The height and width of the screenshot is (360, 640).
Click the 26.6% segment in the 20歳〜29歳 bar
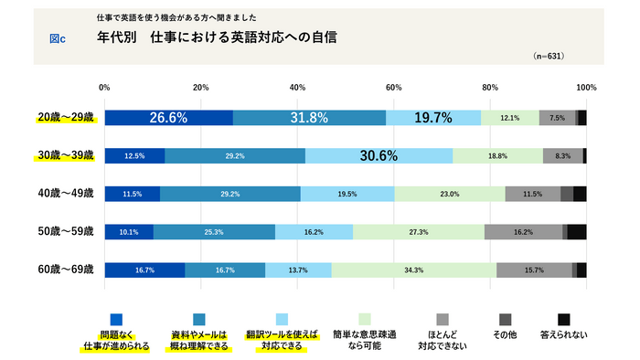tap(168, 117)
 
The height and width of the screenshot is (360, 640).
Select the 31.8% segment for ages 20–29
tap(309, 117)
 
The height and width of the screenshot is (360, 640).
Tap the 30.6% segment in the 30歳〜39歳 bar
tap(379, 155)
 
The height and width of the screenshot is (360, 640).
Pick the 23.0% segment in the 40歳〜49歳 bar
tap(449, 194)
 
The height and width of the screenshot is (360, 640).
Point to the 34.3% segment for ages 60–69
tap(414, 270)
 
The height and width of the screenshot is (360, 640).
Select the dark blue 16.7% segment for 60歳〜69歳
tap(144, 270)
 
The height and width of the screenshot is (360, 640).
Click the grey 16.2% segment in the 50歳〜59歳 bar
tap(523, 232)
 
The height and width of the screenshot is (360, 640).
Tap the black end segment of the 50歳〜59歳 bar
tap(577, 232)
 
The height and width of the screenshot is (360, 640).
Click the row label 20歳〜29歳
tap(65, 118)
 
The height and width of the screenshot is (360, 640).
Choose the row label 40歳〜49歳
tap(65, 194)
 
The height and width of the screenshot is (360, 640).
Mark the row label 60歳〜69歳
tap(65, 270)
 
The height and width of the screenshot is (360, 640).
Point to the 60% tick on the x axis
tap(393, 88)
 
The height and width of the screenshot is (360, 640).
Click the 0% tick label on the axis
tap(104, 88)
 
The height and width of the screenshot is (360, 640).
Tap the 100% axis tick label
tap(586, 88)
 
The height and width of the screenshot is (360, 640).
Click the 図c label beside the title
tap(59, 38)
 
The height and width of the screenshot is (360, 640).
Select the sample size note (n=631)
tap(548, 56)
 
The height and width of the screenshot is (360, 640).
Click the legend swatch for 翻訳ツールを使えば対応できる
tap(282, 319)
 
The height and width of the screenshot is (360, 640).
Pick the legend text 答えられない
tap(564, 335)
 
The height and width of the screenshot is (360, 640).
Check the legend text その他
tap(505, 335)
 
